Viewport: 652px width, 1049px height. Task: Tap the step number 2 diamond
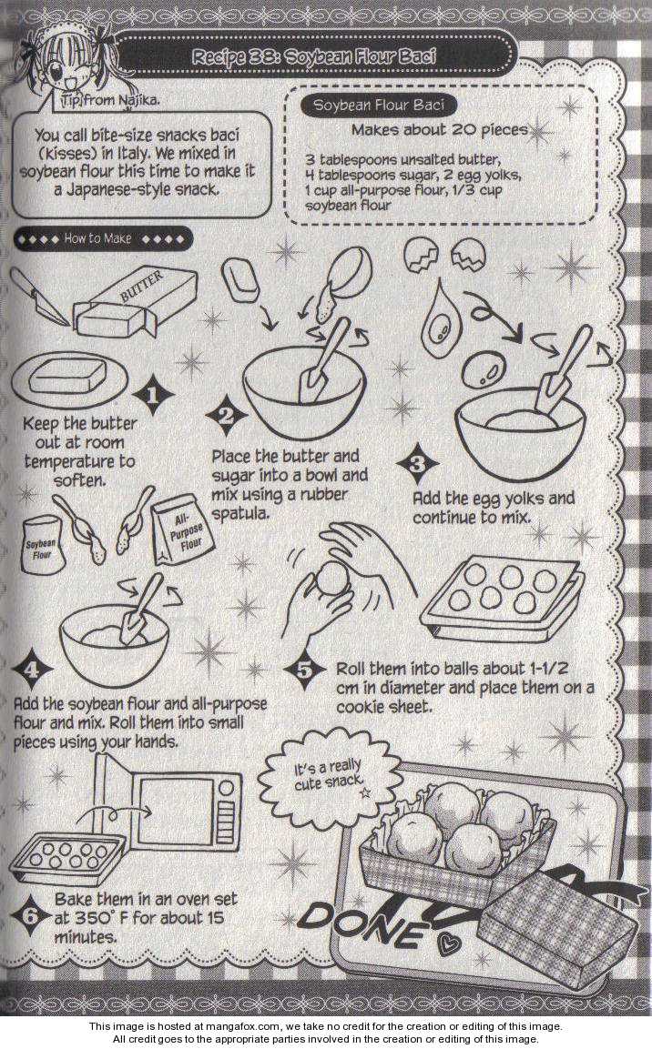227,415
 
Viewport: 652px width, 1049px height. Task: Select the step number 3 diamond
417,463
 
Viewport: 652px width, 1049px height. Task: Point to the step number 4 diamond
32,669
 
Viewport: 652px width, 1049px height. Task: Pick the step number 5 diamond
304,669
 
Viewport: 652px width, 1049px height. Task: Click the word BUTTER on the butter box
141,287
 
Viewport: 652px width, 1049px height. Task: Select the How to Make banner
103,239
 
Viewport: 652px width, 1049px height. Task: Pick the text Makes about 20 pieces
440,130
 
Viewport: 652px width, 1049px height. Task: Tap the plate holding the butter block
69,378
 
